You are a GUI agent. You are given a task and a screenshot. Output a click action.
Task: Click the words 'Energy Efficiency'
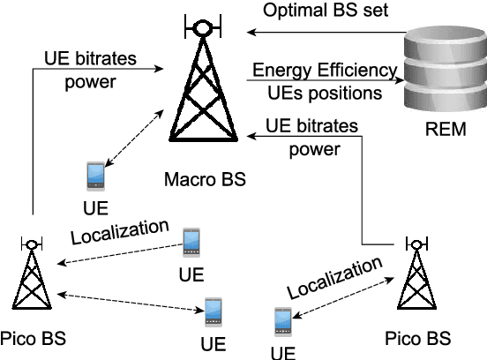pyautogui.click(x=325, y=71)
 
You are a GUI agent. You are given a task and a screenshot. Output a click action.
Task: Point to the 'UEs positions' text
pyautogui.click(x=325, y=92)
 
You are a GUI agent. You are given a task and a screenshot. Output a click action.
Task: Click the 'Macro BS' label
pyautogui.click(x=205, y=181)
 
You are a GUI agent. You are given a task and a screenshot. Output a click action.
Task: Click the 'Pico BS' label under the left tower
pyautogui.click(x=33, y=338)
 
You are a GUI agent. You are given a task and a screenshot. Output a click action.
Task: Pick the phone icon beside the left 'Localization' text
pyautogui.click(x=191, y=239)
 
